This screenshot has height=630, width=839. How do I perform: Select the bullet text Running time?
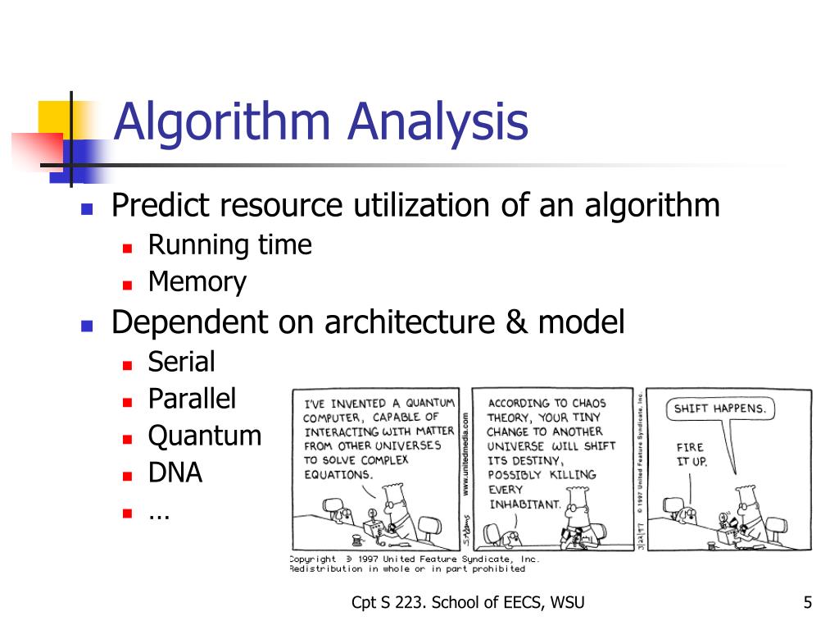[x=229, y=245]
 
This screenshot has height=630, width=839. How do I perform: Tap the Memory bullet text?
[x=197, y=283]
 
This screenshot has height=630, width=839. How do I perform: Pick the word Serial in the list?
[x=181, y=362]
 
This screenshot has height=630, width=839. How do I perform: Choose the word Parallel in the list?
[x=192, y=399]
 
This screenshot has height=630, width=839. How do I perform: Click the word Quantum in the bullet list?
[x=204, y=436]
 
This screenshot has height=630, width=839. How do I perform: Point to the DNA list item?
[x=175, y=473]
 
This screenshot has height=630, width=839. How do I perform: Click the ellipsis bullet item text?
[x=158, y=513]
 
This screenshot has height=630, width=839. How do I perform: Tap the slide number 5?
[x=807, y=604]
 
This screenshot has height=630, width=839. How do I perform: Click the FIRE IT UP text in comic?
[x=691, y=454]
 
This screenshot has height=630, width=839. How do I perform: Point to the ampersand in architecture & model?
[x=515, y=323]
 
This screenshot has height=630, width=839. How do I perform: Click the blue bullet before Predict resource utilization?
[x=86, y=208]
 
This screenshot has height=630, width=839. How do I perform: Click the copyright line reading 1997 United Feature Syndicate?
[x=414, y=559]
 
